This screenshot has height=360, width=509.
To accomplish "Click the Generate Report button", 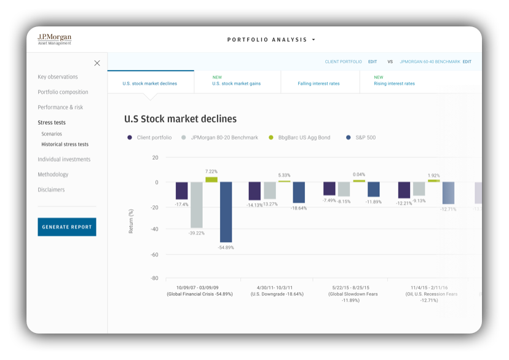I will [x=67, y=227].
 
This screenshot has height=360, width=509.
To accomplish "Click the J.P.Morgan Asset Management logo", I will [x=54, y=39].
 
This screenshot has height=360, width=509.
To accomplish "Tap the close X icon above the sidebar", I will [x=97, y=63].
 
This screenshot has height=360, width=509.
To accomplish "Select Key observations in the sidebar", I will [x=58, y=77].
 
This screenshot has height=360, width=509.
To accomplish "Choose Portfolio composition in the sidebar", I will [x=63, y=92].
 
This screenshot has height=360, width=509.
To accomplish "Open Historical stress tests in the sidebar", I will [x=65, y=144].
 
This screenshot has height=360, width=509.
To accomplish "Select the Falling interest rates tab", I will [x=318, y=84].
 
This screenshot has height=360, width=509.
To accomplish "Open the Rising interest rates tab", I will [x=394, y=84].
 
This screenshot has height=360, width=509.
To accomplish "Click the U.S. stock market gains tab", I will [x=237, y=84].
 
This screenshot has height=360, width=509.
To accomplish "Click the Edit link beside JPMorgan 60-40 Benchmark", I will [x=467, y=62].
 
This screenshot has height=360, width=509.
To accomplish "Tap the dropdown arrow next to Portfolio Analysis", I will [x=314, y=40].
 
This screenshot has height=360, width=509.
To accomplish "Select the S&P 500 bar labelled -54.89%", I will [x=226, y=212].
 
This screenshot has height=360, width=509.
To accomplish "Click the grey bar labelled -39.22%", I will [x=196, y=205].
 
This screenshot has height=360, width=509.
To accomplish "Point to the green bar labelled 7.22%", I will [x=211, y=179].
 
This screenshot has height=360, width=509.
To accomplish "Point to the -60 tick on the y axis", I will [x=154, y=254].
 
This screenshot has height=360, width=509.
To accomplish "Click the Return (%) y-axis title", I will [x=130, y=221].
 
